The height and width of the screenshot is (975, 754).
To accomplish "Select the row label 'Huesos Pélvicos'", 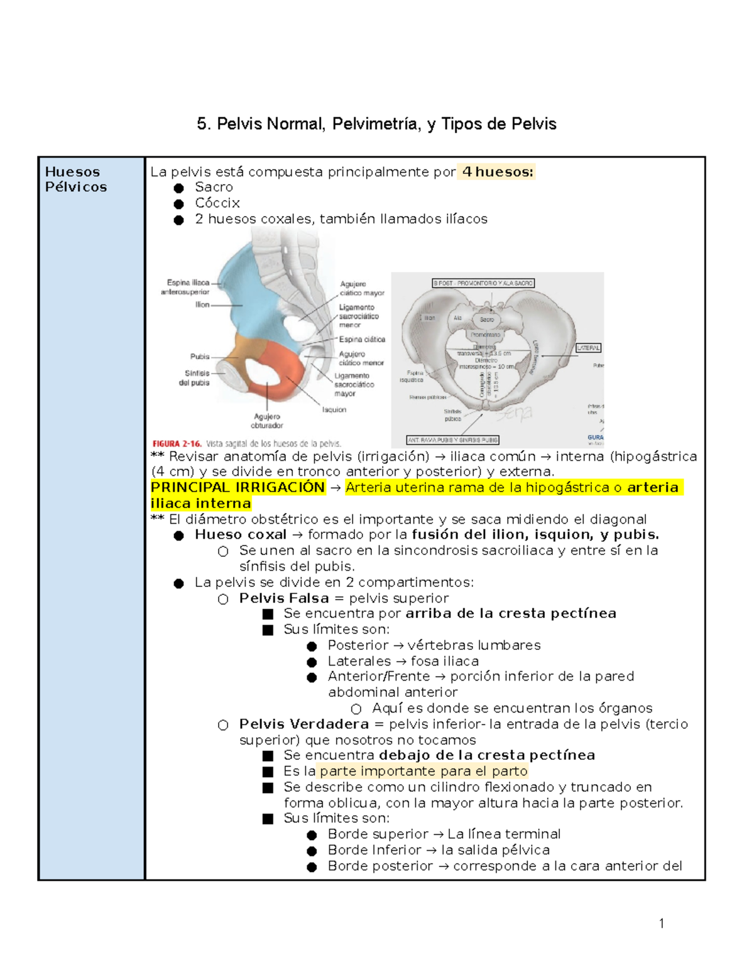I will (x=75, y=179).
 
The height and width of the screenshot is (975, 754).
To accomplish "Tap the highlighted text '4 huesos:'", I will (x=497, y=171).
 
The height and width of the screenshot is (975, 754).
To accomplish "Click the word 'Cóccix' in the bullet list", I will (x=217, y=203).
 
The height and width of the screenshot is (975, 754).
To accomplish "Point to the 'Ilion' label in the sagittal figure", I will (x=202, y=304).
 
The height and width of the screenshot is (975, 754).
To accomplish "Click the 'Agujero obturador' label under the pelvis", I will (x=267, y=421).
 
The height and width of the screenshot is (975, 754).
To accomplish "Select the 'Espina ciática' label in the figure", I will (x=362, y=339).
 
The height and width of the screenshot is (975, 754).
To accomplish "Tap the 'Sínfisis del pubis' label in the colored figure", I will (x=194, y=377).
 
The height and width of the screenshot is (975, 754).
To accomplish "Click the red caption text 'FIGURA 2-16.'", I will (x=177, y=443).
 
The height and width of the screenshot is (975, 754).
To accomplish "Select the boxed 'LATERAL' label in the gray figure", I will (x=589, y=348).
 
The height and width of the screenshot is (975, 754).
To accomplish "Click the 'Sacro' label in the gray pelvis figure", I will (x=487, y=320).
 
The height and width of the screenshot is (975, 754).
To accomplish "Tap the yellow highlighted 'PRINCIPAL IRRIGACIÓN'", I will (x=238, y=487).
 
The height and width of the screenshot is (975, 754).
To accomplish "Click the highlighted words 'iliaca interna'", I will (x=200, y=504).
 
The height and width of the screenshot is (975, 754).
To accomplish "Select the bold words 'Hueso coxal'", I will (x=240, y=534).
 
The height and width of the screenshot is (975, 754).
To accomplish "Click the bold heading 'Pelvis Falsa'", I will (x=284, y=598).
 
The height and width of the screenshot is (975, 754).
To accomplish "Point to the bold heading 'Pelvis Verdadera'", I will (x=303, y=724).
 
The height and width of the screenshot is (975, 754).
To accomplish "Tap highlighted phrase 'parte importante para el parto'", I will (x=423, y=771).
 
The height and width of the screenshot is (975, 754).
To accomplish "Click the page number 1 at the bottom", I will (x=661, y=923).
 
